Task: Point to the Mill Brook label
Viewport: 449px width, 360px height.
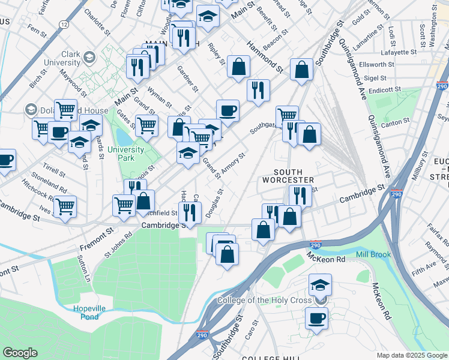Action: [x=373, y=254]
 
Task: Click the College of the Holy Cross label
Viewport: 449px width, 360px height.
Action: [x=265, y=300]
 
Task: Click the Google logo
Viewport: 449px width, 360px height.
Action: [x=20, y=352]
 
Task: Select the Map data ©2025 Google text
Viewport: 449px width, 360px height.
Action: [x=411, y=355]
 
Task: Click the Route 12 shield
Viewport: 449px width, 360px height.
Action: [x=64, y=23]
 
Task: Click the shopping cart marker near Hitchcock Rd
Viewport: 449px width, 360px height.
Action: [x=65, y=207]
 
